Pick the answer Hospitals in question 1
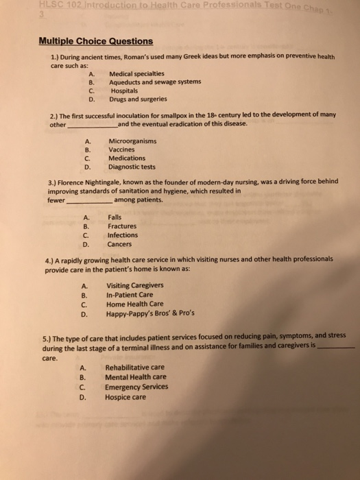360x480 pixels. pyautogui.click(x=124, y=90)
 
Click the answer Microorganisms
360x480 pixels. pyautogui.click(x=132, y=141)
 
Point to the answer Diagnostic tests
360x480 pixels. pyautogui.click(x=132, y=166)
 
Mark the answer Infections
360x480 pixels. pyautogui.click(x=123, y=235)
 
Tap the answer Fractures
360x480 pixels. pyautogui.click(x=122, y=226)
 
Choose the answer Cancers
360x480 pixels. pyautogui.click(x=121, y=243)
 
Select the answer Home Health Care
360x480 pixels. pyautogui.click(x=134, y=304)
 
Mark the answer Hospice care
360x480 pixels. pyautogui.click(x=125, y=396)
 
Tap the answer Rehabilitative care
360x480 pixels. pyautogui.click(x=135, y=367)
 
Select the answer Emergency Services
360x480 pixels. pyautogui.click(x=136, y=387)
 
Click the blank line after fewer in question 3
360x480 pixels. pyautogui.click(x=89, y=202)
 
